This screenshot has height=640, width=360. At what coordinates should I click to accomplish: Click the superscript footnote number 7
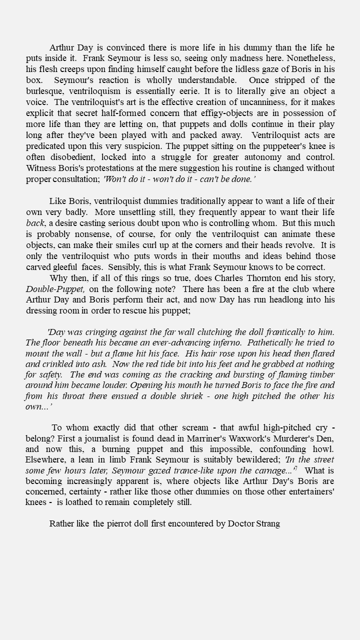[296, 468]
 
